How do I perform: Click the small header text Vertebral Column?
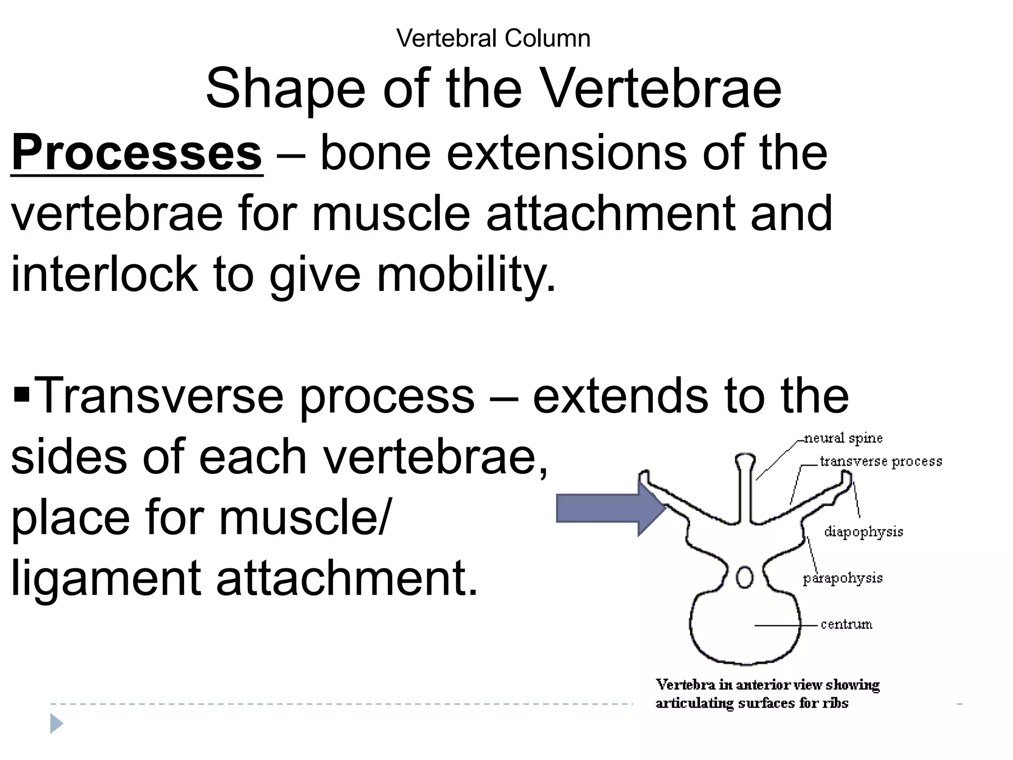point(493,39)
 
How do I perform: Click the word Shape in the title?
point(285,90)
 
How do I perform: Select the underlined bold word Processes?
point(137,153)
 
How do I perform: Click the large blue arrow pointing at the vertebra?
point(611,508)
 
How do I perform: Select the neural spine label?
point(843,438)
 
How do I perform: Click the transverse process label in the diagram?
point(880,462)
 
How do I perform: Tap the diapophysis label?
point(864,532)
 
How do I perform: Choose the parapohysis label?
point(842,578)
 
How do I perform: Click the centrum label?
point(846,624)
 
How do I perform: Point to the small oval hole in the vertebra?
point(744,577)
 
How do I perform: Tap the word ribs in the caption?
point(835,704)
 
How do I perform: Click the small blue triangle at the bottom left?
point(56,724)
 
